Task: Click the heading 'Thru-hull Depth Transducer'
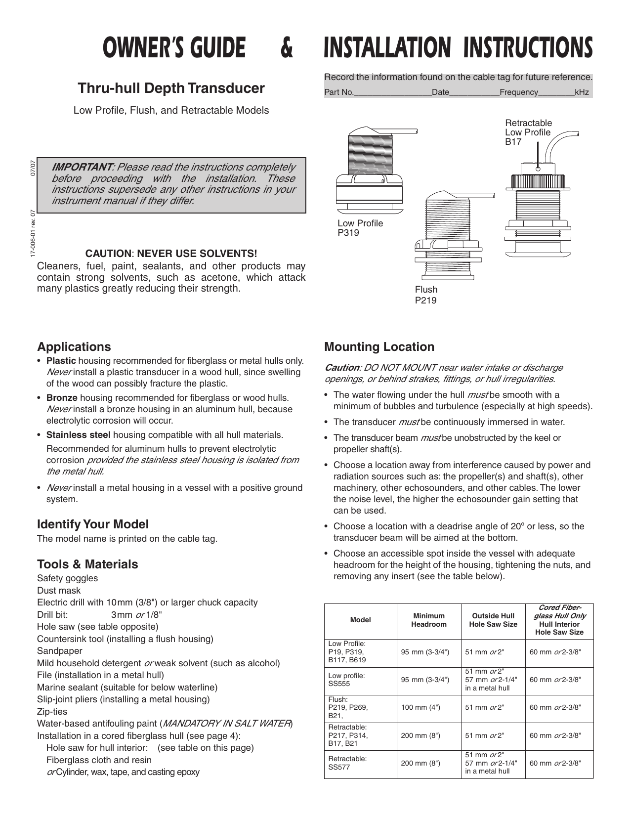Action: click(x=171, y=88)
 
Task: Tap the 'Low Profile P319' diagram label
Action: click(x=360, y=228)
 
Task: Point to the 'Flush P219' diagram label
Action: click(x=426, y=295)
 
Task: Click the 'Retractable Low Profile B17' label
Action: click(x=528, y=132)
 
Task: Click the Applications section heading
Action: click(x=74, y=347)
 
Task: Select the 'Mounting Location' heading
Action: click(x=379, y=347)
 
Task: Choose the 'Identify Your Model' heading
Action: click(x=93, y=524)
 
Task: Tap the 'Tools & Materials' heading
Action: click(x=87, y=564)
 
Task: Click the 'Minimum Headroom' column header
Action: click(x=428, y=620)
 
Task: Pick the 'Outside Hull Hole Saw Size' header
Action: click(x=493, y=620)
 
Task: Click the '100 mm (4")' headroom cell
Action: click(x=420, y=707)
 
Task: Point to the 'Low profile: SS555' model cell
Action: click(x=347, y=680)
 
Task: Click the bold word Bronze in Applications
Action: click(x=62, y=398)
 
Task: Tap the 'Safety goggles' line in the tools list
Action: click(x=67, y=578)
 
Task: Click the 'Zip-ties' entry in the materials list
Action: click(x=52, y=712)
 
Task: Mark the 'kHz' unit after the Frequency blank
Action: click(x=582, y=92)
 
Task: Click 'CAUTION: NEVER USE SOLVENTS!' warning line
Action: click(x=171, y=254)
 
